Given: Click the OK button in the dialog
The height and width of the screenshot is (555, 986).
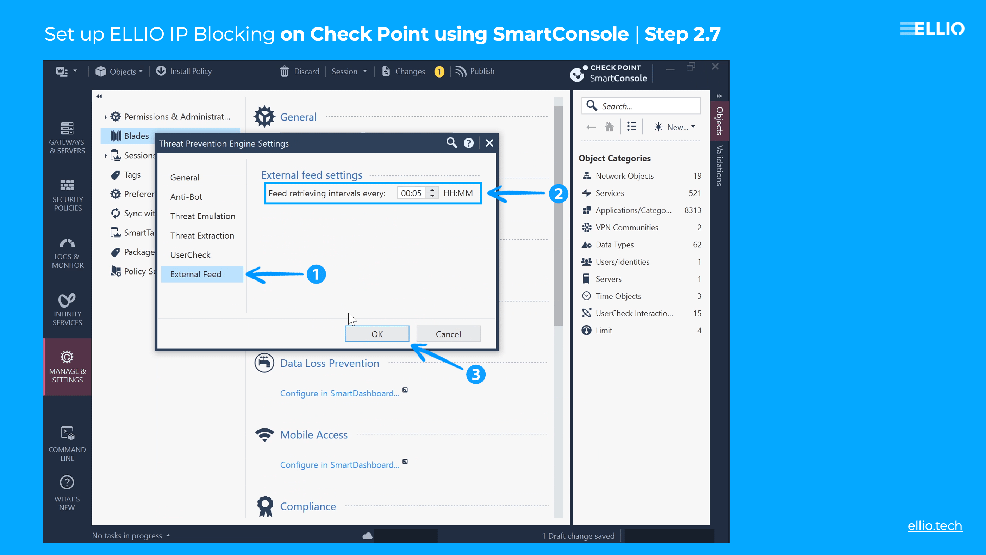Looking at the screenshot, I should point(377,334).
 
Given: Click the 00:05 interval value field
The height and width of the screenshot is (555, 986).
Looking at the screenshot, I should point(411,193).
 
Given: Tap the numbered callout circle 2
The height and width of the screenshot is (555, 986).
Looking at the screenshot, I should point(558,193).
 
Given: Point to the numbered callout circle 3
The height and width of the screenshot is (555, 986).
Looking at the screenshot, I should point(475,374).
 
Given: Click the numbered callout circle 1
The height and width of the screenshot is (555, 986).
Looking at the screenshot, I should point(316,274).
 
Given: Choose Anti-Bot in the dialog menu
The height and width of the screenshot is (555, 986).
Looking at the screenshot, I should point(186,197).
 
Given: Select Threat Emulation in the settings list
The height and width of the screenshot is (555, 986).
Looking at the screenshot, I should point(202,216).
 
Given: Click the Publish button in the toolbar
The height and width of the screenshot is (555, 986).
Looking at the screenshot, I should point(475,71).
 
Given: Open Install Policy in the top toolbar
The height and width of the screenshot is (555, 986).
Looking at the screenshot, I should point(184,71).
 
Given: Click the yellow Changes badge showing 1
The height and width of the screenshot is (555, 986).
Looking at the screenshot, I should point(439,72).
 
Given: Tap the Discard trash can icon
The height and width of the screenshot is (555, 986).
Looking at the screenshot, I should point(284,71).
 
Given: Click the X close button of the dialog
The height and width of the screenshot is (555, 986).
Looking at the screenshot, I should point(489,143).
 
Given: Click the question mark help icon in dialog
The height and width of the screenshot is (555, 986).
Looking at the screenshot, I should point(468,143).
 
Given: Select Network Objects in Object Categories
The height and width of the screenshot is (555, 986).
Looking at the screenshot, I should point(624,176).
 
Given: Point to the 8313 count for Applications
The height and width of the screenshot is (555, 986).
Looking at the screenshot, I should point(692,210).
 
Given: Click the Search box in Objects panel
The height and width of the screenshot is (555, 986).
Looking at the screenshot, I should point(647,106).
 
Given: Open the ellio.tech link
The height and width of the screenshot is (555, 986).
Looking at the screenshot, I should point(934,525).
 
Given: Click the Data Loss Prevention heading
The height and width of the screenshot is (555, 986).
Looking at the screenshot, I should point(330,363).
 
